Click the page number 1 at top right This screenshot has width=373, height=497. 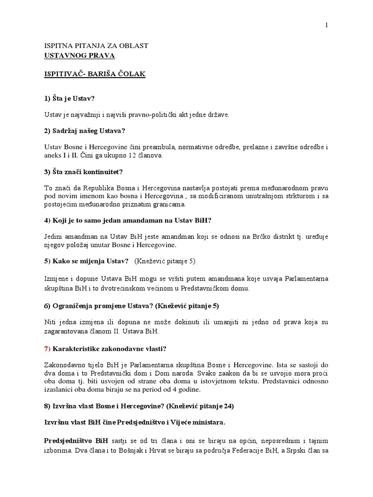(x=327, y=25)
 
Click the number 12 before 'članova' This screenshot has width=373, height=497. (x=138, y=156)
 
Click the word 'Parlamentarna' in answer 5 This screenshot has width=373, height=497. (x=307, y=279)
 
